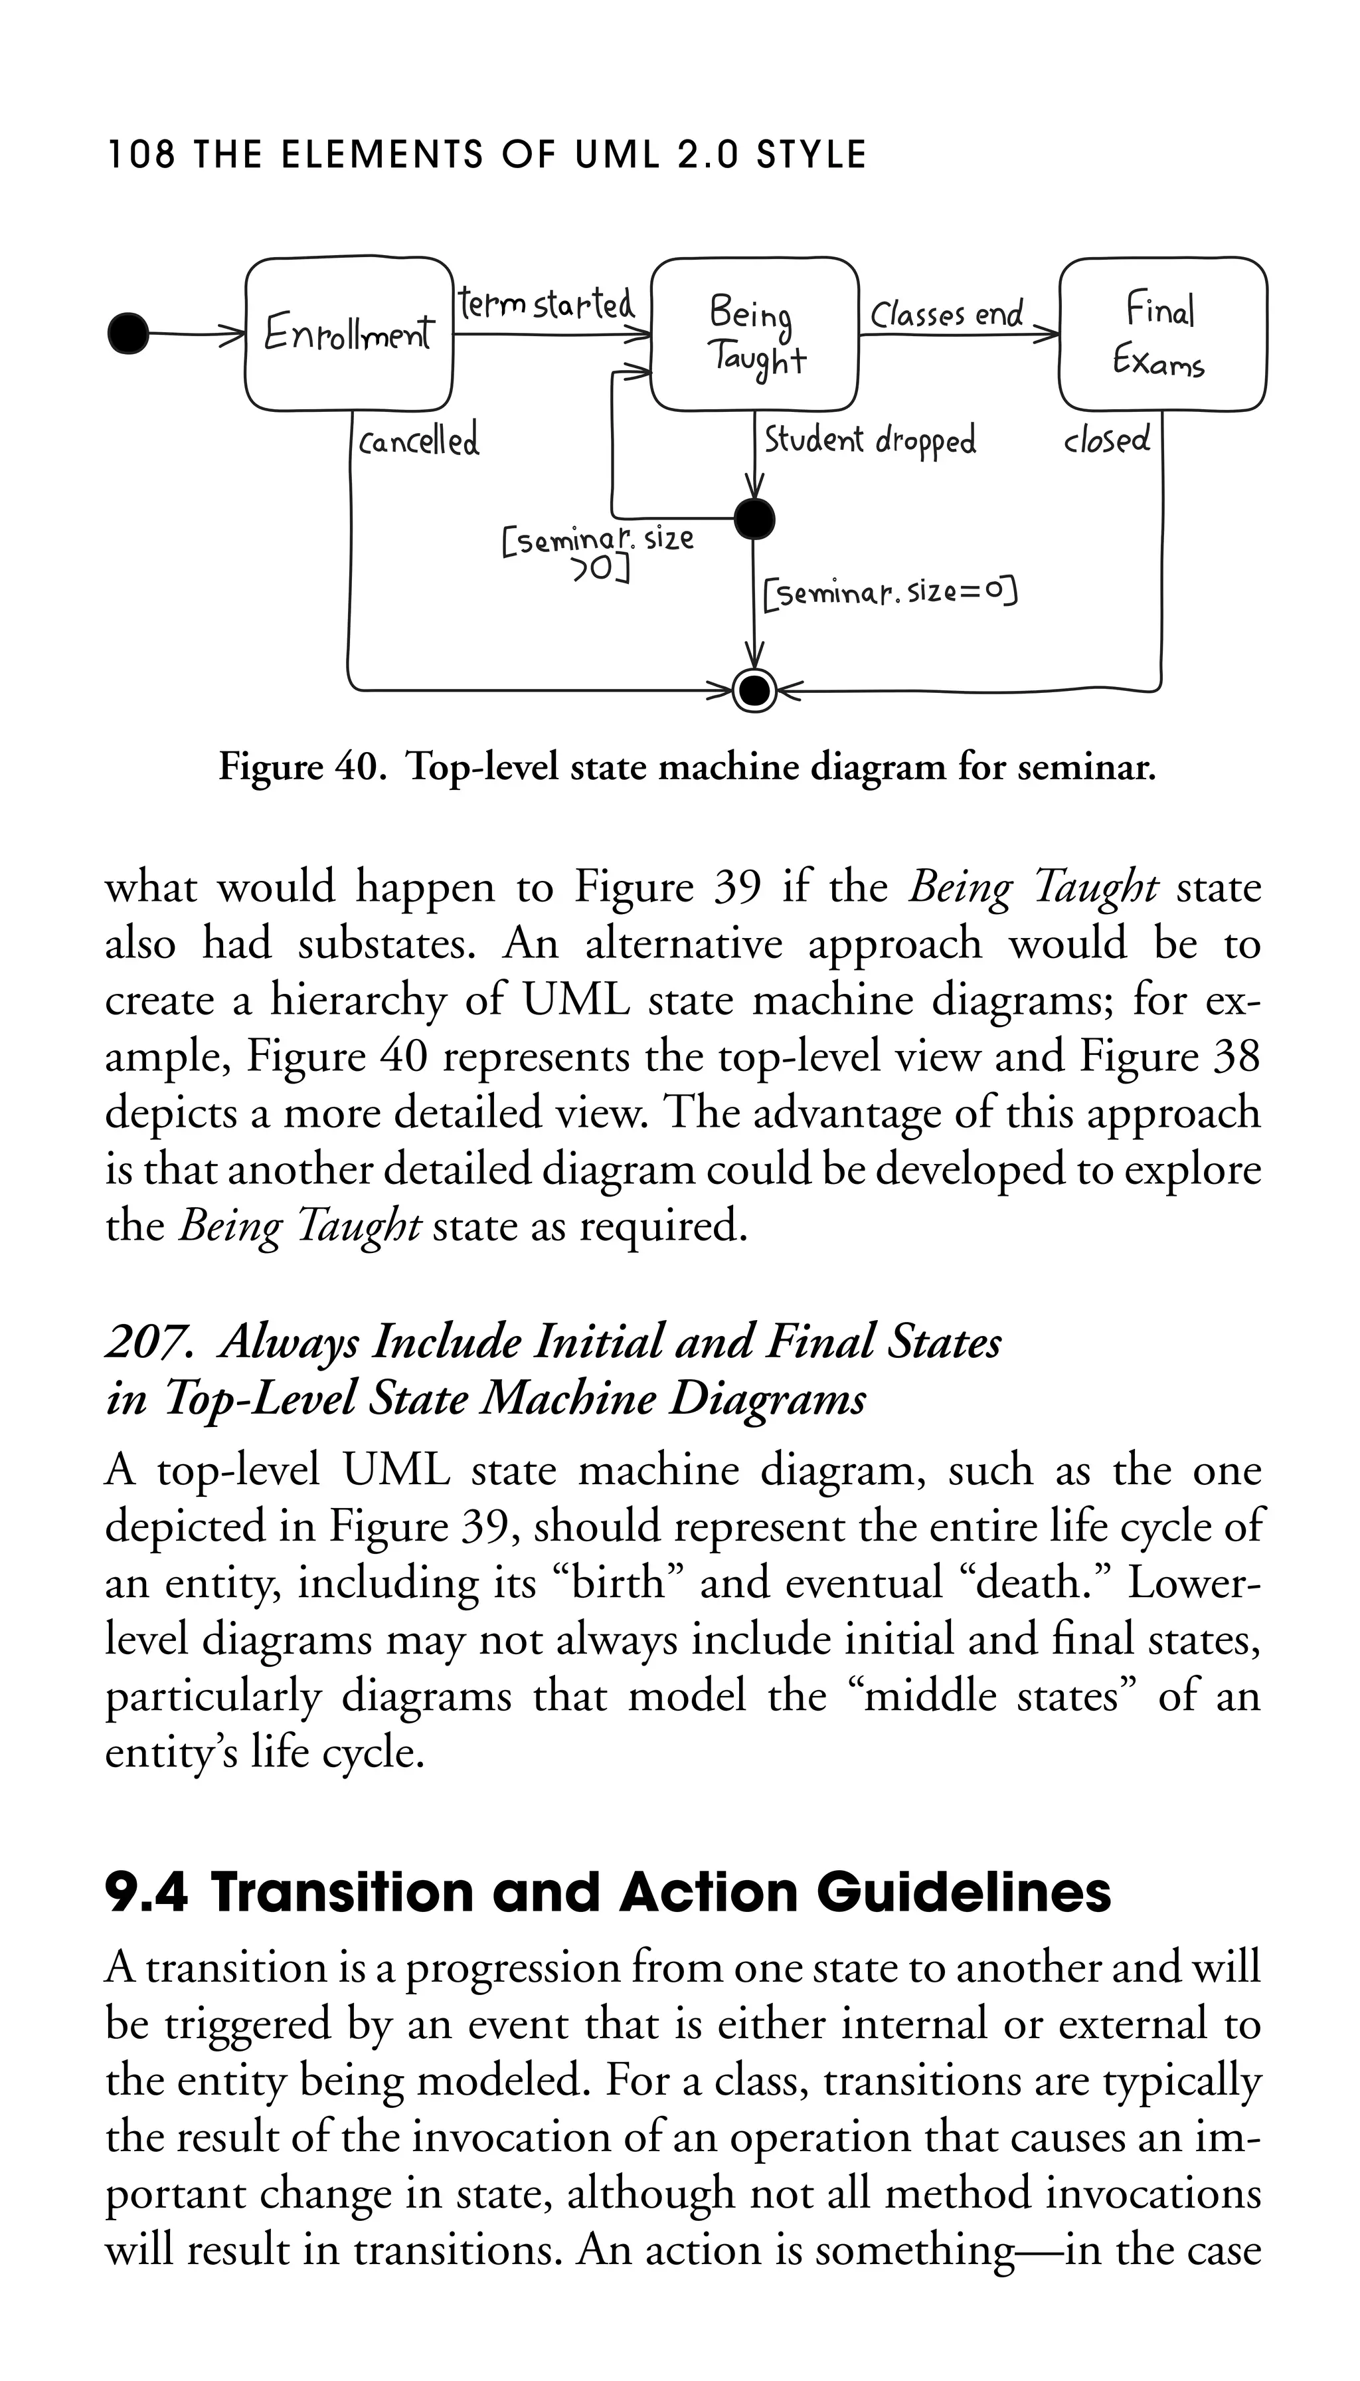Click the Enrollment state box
pyautogui.click(x=349, y=333)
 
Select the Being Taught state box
pyautogui.click(x=755, y=333)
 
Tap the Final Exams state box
pyautogui.click(x=1162, y=333)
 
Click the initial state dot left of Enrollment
pyautogui.click(x=129, y=333)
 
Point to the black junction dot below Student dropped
pyautogui.click(x=755, y=519)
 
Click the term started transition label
pyautogui.click(x=547, y=305)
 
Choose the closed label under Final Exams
pyautogui.click(x=1107, y=439)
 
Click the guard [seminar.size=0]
pyautogui.click(x=889, y=593)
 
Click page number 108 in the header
pyautogui.click(x=140, y=155)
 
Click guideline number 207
pyautogui.click(x=149, y=1343)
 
